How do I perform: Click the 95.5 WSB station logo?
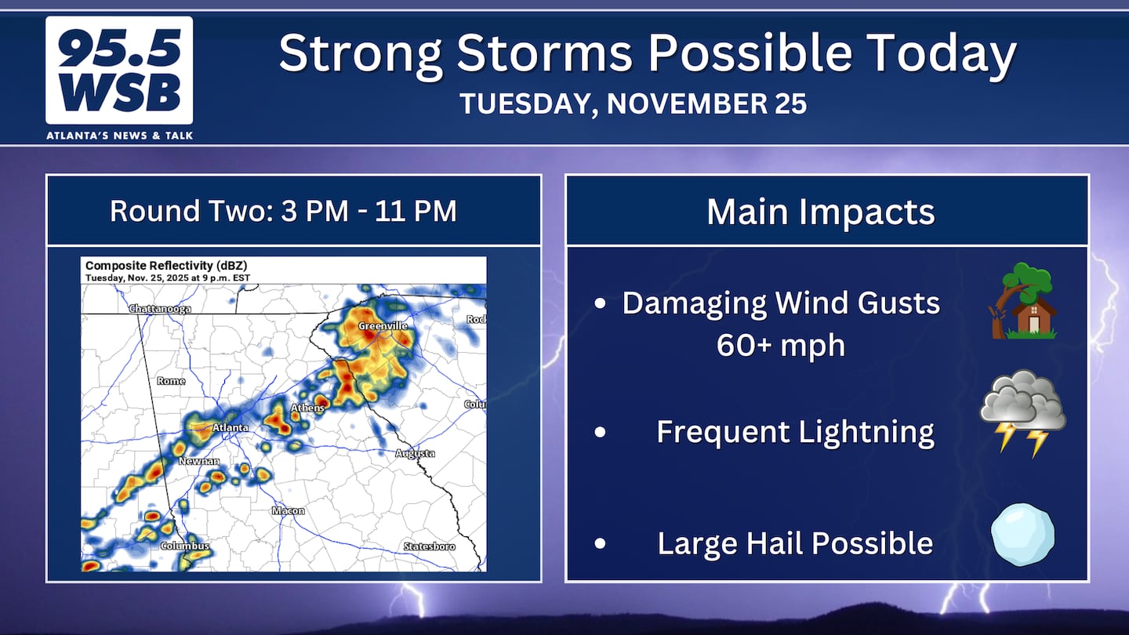119,71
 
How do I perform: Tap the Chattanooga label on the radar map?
160,308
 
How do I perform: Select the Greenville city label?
383,326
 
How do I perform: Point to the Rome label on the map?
171,381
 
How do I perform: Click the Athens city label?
307,408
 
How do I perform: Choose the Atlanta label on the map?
230,427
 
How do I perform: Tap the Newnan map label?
199,461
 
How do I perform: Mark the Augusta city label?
415,454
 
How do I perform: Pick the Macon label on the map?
289,511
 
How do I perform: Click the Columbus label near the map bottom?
184,546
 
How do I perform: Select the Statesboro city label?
430,547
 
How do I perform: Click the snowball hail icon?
1022,535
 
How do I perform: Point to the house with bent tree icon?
1023,300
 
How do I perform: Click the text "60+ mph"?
781,345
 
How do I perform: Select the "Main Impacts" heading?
821,212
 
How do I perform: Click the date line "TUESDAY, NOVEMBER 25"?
633,103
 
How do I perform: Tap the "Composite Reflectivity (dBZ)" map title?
166,266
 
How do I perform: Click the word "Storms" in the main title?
545,53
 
